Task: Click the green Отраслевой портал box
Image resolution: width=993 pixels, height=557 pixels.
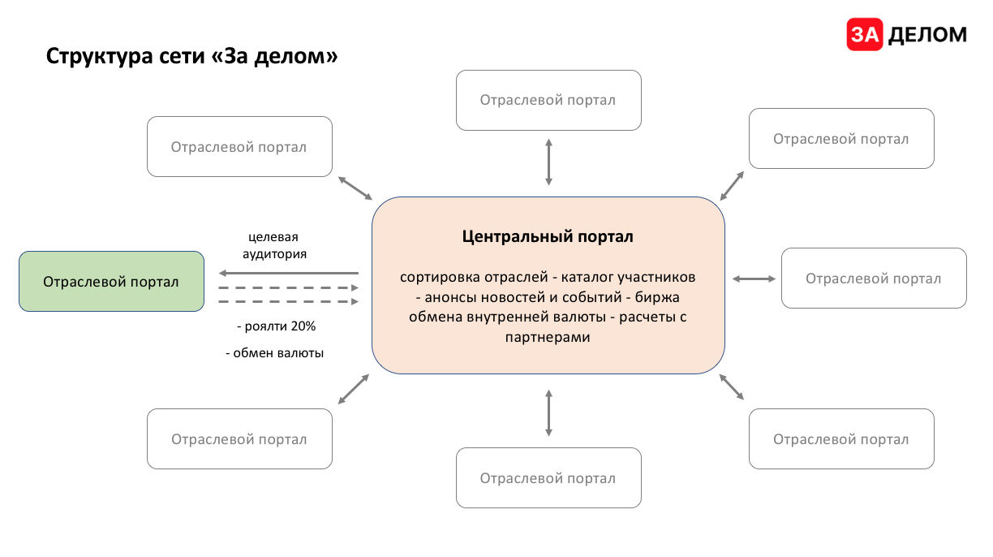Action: pos(111,282)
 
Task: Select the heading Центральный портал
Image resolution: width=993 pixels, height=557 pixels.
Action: pos(548,237)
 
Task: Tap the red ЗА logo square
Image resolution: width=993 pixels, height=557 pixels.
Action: pos(865,34)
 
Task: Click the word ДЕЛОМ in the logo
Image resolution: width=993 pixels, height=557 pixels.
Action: pos(928,34)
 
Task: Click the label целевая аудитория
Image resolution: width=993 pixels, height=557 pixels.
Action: pos(273,245)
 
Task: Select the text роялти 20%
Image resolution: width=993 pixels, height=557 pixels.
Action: pos(276,326)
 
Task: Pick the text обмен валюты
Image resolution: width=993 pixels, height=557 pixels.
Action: pos(274,353)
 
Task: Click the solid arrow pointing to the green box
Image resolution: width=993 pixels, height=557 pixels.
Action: pos(288,274)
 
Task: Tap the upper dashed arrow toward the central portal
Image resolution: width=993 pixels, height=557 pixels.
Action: pos(288,287)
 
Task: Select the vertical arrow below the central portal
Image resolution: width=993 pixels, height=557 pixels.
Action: pos(549,412)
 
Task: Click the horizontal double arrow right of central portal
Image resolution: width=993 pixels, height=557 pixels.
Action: pos(754,278)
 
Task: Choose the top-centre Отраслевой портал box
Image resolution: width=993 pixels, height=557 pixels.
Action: pos(548,100)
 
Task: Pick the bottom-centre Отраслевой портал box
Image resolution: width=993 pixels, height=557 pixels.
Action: pos(548,478)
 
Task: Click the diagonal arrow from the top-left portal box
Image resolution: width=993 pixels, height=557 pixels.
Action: pos(355,188)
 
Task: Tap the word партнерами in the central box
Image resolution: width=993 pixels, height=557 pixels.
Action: pos(548,337)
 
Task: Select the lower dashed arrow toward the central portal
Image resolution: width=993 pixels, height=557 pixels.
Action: pos(288,301)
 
